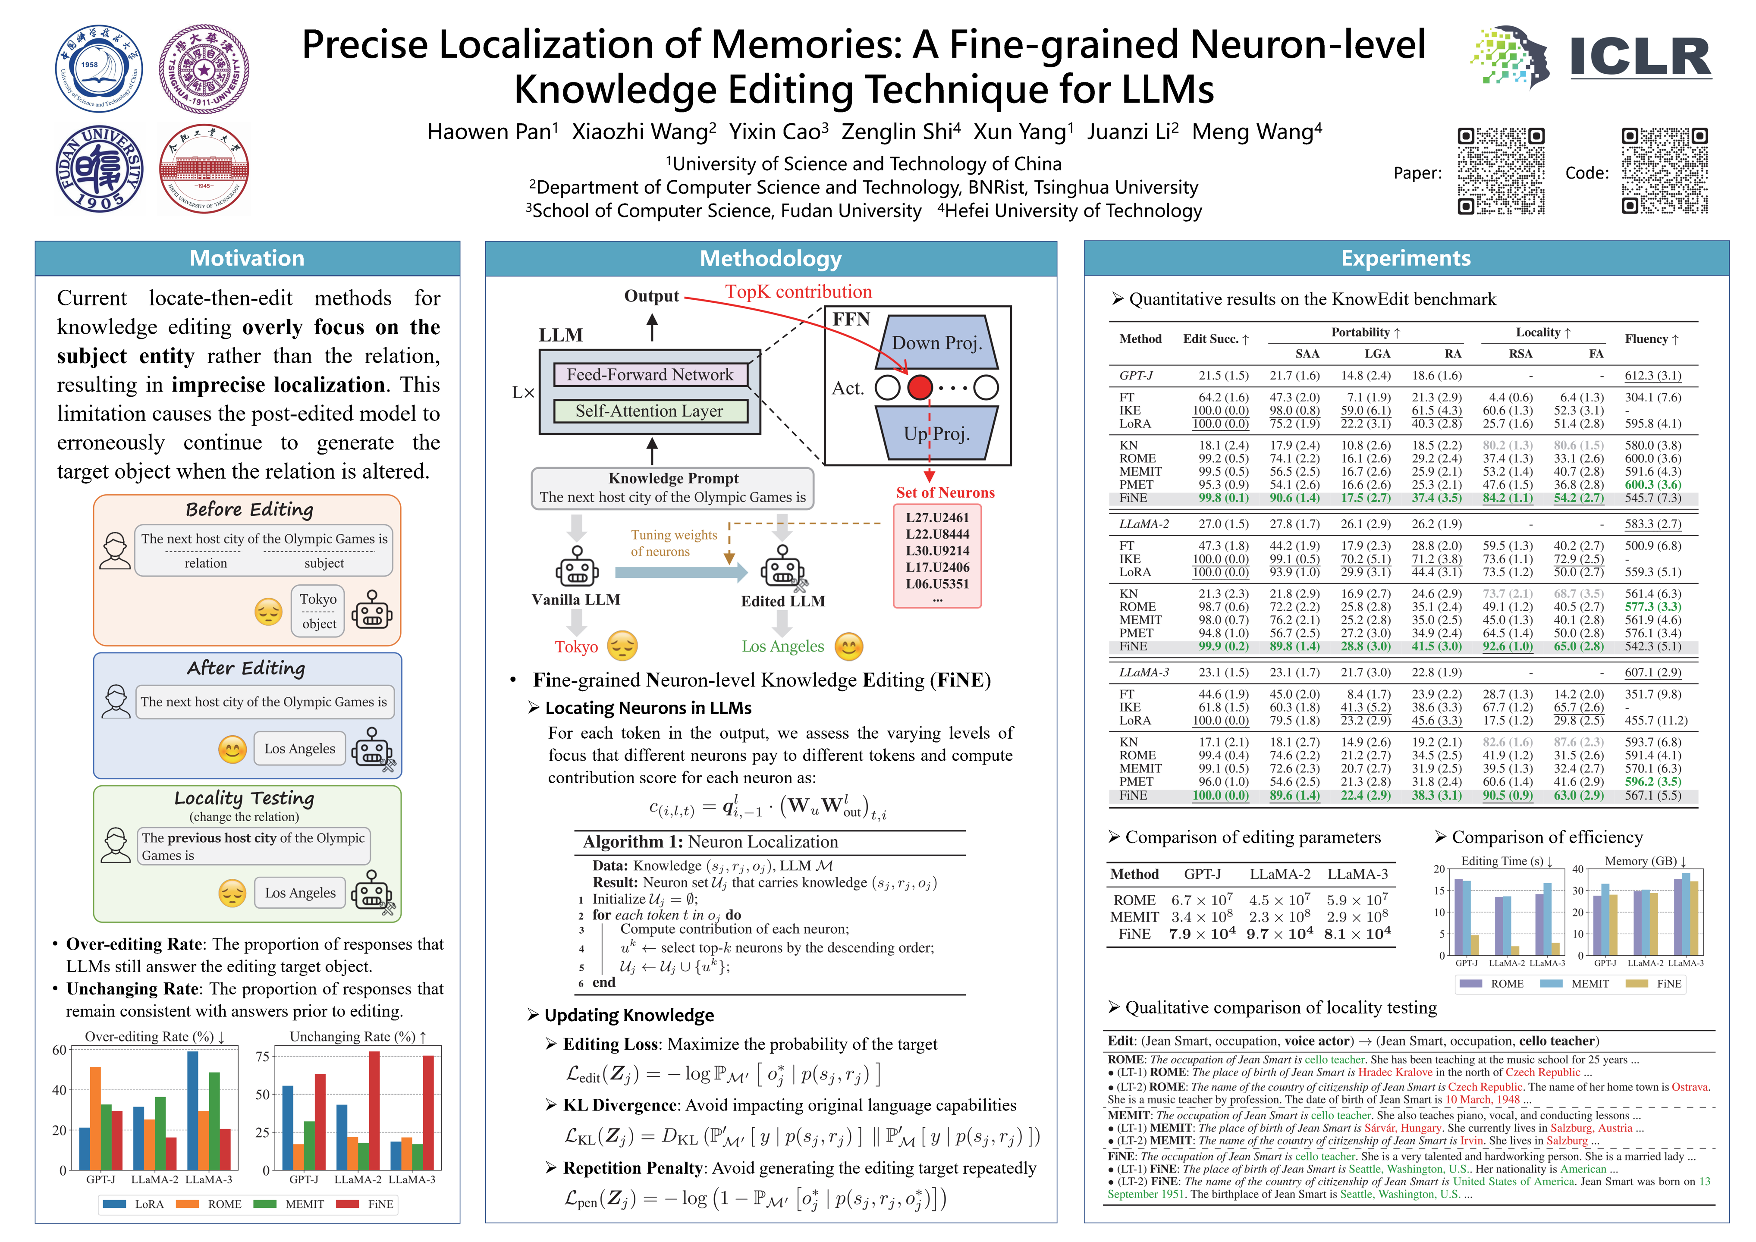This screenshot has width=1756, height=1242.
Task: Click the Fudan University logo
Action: tap(100, 169)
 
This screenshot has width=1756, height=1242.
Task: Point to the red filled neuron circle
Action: tap(920, 388)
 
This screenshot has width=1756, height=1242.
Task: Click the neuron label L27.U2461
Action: tap(937, 518)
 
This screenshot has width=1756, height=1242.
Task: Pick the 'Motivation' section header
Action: tap(247, 258)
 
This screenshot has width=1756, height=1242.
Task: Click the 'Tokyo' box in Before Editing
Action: tap(318, 610)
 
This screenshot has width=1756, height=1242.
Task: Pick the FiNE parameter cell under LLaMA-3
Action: tap(1357, 934)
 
